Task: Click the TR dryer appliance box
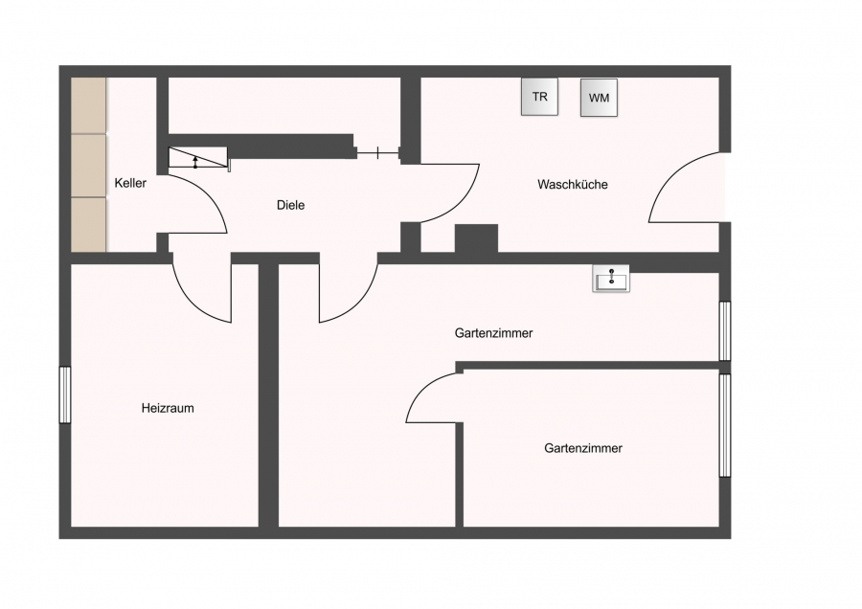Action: coord(539,97)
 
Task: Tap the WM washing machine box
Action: coord(599,98)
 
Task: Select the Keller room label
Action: coord(130,183)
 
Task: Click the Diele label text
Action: coord(291,205)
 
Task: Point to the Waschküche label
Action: coord(573,184)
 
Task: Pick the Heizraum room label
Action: coord(168,408)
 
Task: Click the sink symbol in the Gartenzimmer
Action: coord(611,278)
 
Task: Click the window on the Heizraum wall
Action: coord(65,395)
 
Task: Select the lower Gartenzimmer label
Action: coord(583,448)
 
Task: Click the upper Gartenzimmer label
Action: coord(493,332)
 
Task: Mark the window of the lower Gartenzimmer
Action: coord(725,425)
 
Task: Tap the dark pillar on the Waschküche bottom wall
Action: coord(477,238)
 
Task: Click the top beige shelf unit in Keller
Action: coord(88,105)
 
